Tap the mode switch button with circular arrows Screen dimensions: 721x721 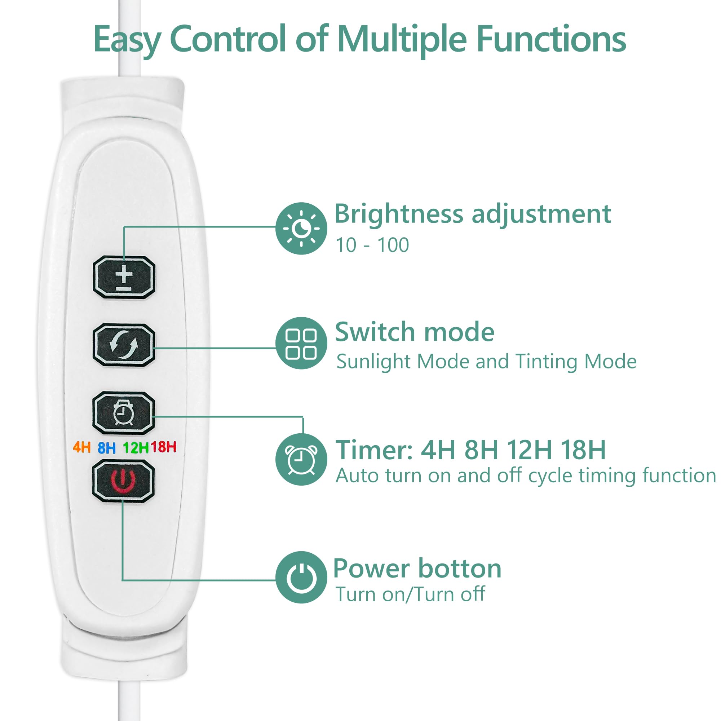(124, 345)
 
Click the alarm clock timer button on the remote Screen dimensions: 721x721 (124, 413)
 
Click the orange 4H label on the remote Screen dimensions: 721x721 (82, 447)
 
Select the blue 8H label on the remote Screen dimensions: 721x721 (107, 447)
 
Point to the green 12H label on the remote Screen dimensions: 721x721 (136, 447)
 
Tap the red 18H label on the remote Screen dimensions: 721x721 (163, 446)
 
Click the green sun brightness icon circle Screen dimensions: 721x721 (301, 229)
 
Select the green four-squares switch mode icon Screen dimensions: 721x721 (301, 343)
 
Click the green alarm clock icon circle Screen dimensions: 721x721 (301, 459)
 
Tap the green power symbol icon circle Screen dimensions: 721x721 (301, 577)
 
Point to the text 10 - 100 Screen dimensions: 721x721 (372, 245)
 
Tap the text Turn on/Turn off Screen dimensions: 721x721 (410, 594)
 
